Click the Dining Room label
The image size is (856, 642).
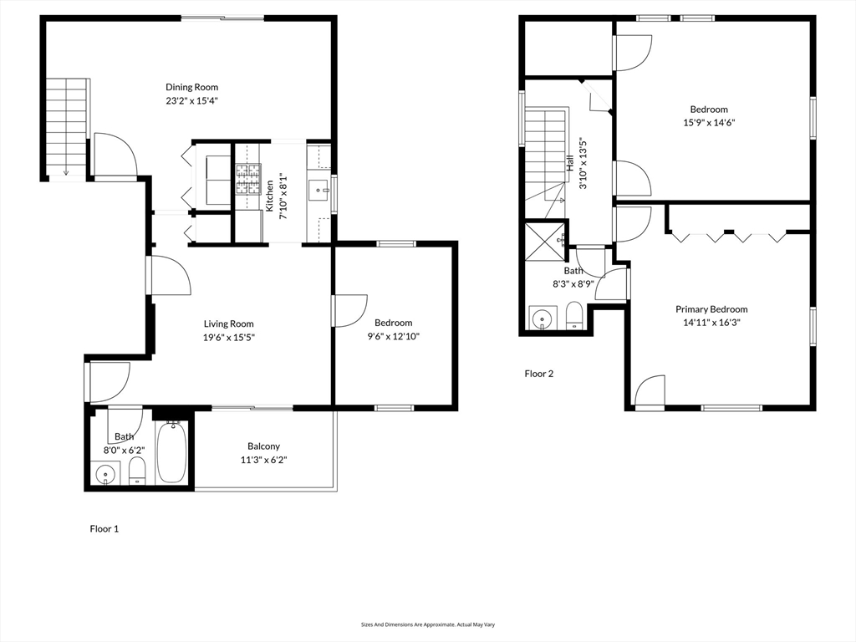pos(191,87)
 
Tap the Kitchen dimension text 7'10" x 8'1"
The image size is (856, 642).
pos(283,196)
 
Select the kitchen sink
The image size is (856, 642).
pos(318,191)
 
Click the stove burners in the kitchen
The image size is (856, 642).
pos(247,179)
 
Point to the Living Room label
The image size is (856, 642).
pos(229,324)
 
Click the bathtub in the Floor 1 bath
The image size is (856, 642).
pos(172,452)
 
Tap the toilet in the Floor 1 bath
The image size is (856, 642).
pos(137,471)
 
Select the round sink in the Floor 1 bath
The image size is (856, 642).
pos(104,474)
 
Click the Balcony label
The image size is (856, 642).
pos(263,446)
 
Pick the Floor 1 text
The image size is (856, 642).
pos(104,528)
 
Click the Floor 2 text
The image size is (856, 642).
pos(539,374)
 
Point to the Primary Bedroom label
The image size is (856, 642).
pos(711,309)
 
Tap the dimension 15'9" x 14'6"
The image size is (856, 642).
pos(709,122)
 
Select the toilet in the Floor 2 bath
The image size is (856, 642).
pos(574,316)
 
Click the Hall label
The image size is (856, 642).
pos(570,163)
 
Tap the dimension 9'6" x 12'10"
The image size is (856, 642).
pos(393,336)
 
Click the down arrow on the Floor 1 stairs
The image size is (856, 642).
pos(66,171)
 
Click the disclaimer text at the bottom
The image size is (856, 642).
pos(428,624)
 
